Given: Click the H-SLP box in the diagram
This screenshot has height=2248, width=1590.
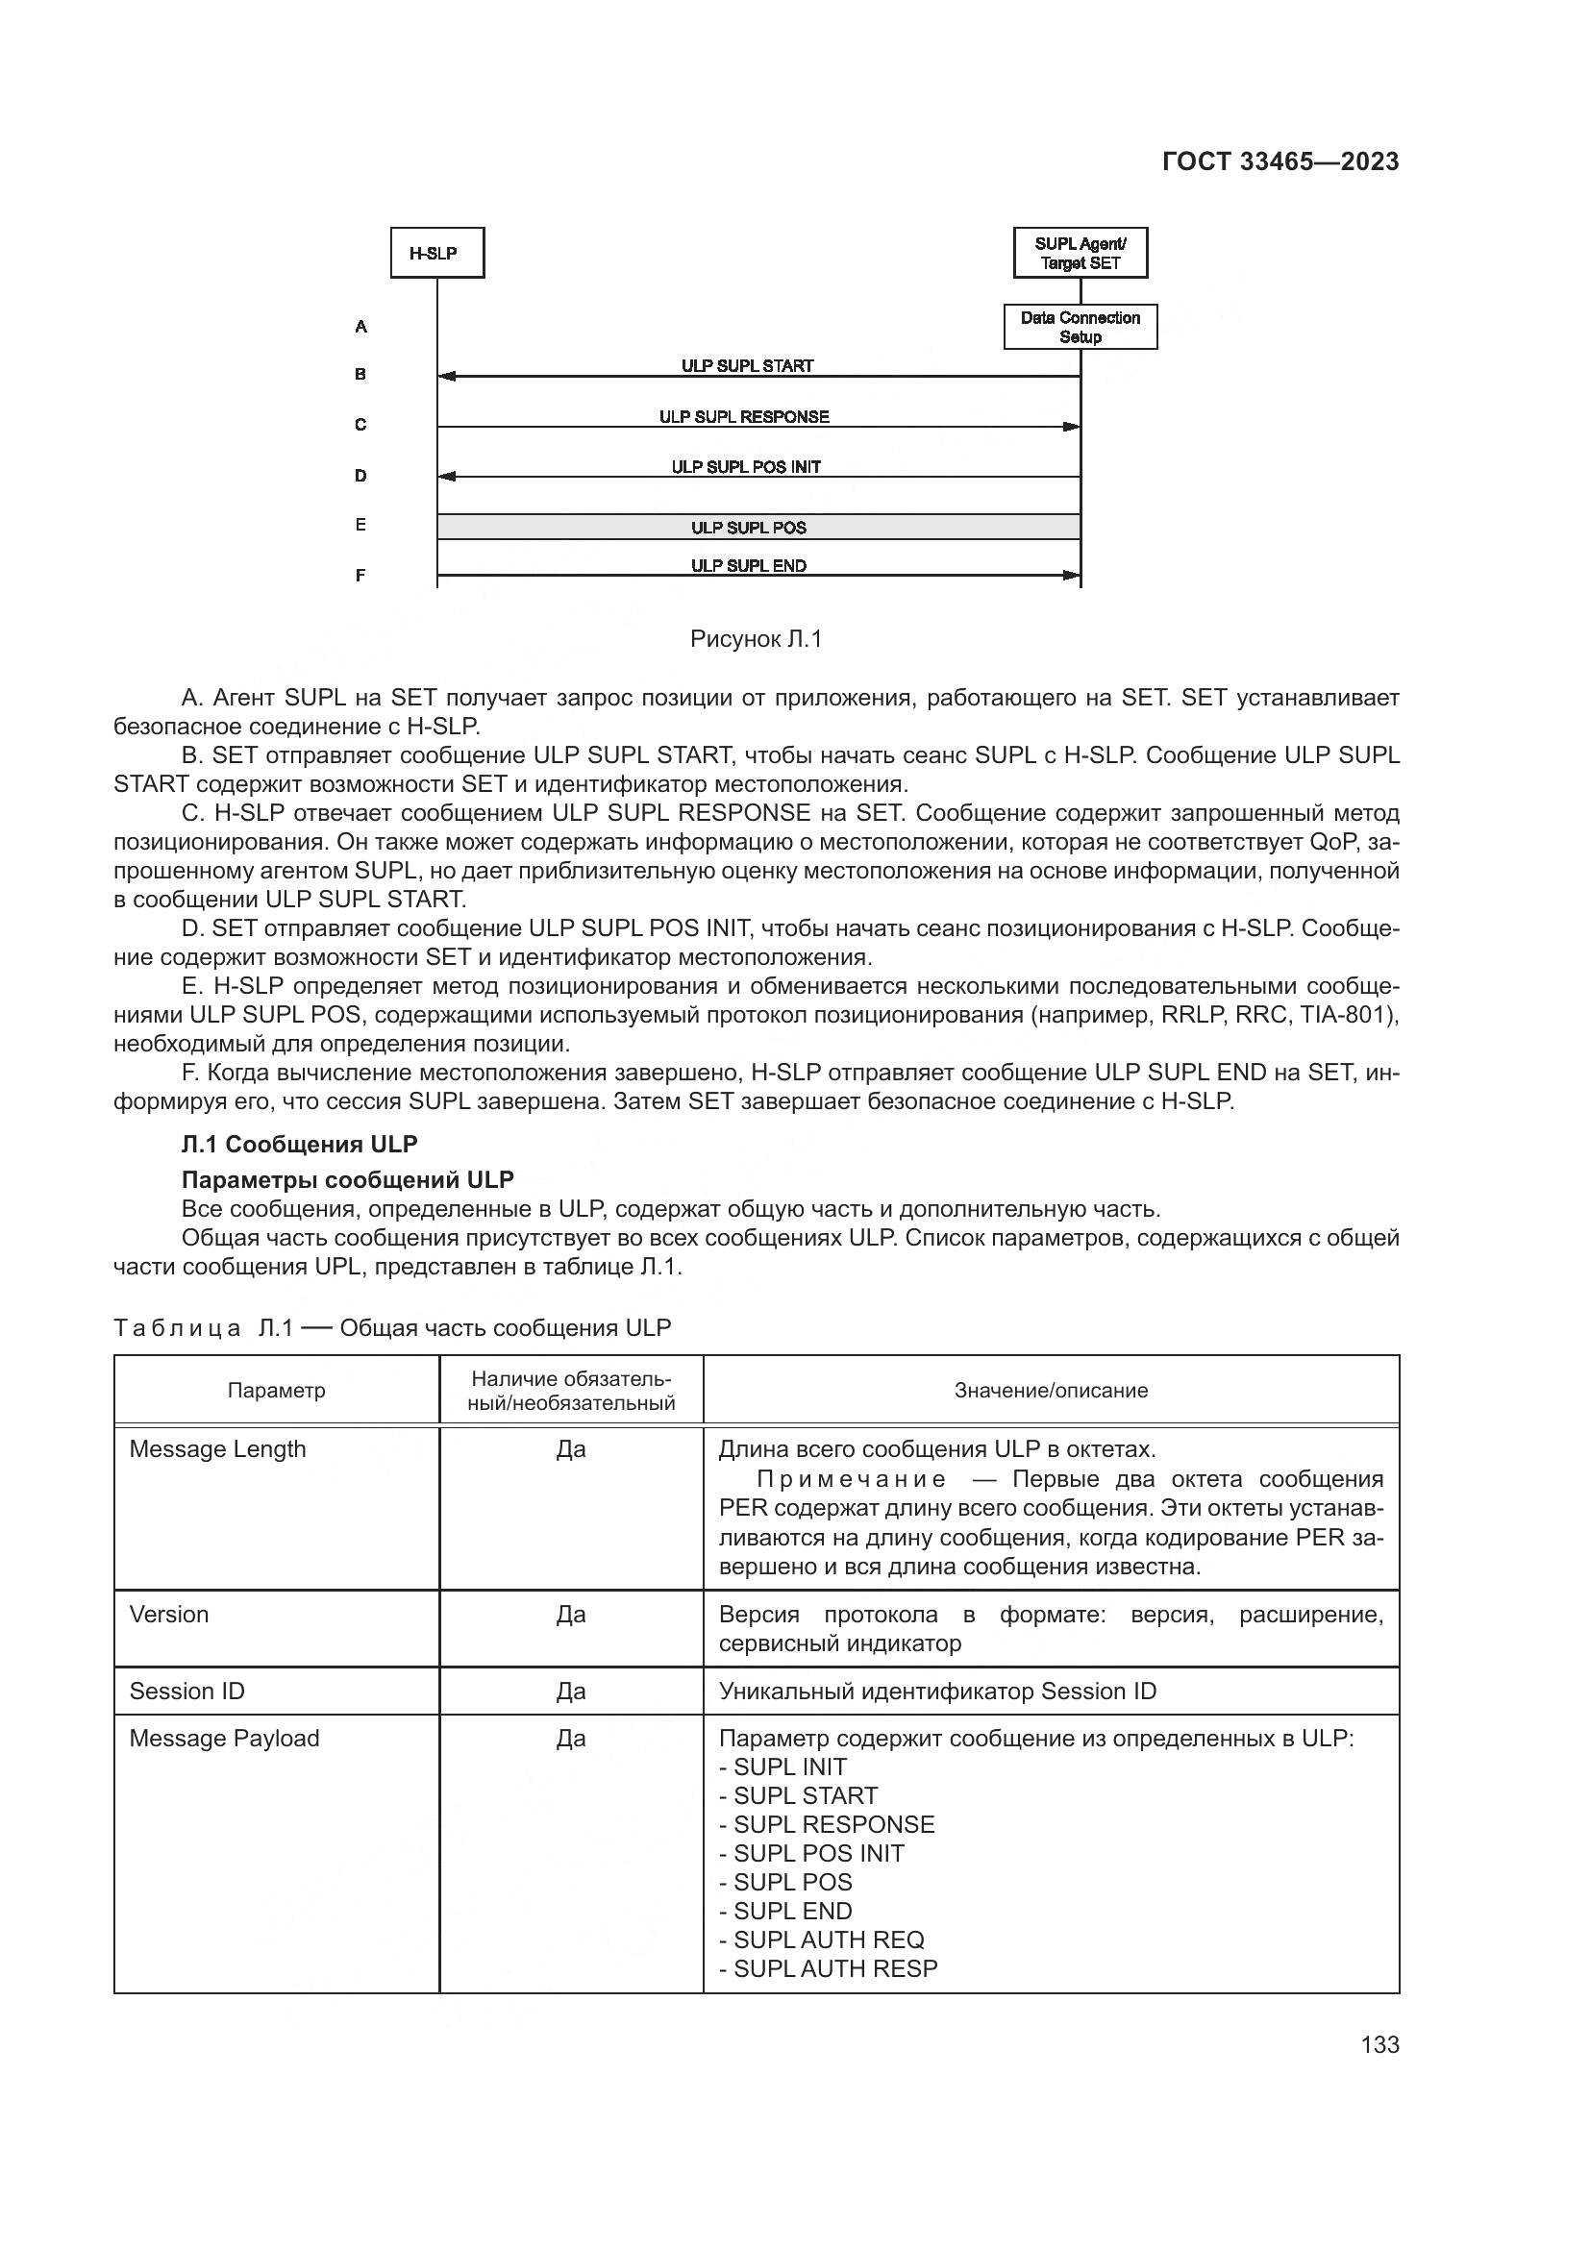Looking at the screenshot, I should click(436, 254).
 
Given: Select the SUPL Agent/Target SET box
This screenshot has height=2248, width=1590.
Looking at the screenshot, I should click(1080, 254).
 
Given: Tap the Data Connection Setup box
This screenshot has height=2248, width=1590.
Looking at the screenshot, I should click(1080, 327).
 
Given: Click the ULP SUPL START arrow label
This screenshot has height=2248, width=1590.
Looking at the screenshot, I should click(747, 366).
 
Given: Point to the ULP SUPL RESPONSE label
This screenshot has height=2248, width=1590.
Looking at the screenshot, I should click(744, 417).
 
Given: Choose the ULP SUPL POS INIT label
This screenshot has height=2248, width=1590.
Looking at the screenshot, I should click(746, 467).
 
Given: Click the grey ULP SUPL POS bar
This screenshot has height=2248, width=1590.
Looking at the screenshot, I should click(749, 528).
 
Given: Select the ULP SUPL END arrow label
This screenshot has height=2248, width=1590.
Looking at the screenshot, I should click(749, 566).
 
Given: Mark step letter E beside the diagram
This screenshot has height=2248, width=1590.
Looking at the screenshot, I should click(360, 526).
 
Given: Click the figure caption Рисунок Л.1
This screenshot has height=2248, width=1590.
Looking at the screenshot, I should click(756, 639).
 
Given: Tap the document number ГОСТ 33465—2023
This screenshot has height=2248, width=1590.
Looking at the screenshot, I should click(1280, 162).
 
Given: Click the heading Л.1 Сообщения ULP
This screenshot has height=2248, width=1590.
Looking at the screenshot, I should click(300, 1145).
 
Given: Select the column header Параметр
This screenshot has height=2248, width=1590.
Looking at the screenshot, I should click(276, 1391).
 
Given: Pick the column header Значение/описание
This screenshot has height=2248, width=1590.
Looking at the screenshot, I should click(1051, 1391).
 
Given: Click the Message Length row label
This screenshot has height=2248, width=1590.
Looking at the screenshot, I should click(217, 1449).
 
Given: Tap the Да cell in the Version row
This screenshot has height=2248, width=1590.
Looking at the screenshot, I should click(571, 1615).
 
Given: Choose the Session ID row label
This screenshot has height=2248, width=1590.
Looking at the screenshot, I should click(187, 1691).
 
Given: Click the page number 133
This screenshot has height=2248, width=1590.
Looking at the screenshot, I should click(1379, 2044).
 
